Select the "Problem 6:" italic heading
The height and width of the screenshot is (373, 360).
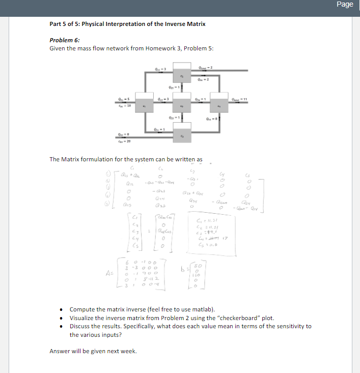[x=65, y=40]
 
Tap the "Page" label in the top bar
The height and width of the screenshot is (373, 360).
[x=345, y=5]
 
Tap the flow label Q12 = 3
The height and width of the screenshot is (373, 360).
[x=163, y=99]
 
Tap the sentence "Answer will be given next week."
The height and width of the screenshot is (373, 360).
[x=93, y=351]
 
